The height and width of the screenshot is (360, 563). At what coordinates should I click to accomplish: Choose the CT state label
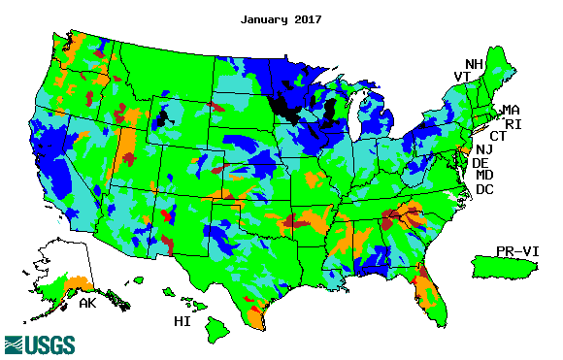(x=497, y=136)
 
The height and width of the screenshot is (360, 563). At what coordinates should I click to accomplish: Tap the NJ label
(x=483, y=149)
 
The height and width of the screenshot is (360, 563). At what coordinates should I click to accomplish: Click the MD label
(x=484, y=176)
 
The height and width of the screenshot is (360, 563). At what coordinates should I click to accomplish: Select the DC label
(x=484, y=189)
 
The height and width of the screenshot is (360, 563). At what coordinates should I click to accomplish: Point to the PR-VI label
(x=516, y=250)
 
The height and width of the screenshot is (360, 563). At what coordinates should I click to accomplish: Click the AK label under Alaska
(x=85, y=304)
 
